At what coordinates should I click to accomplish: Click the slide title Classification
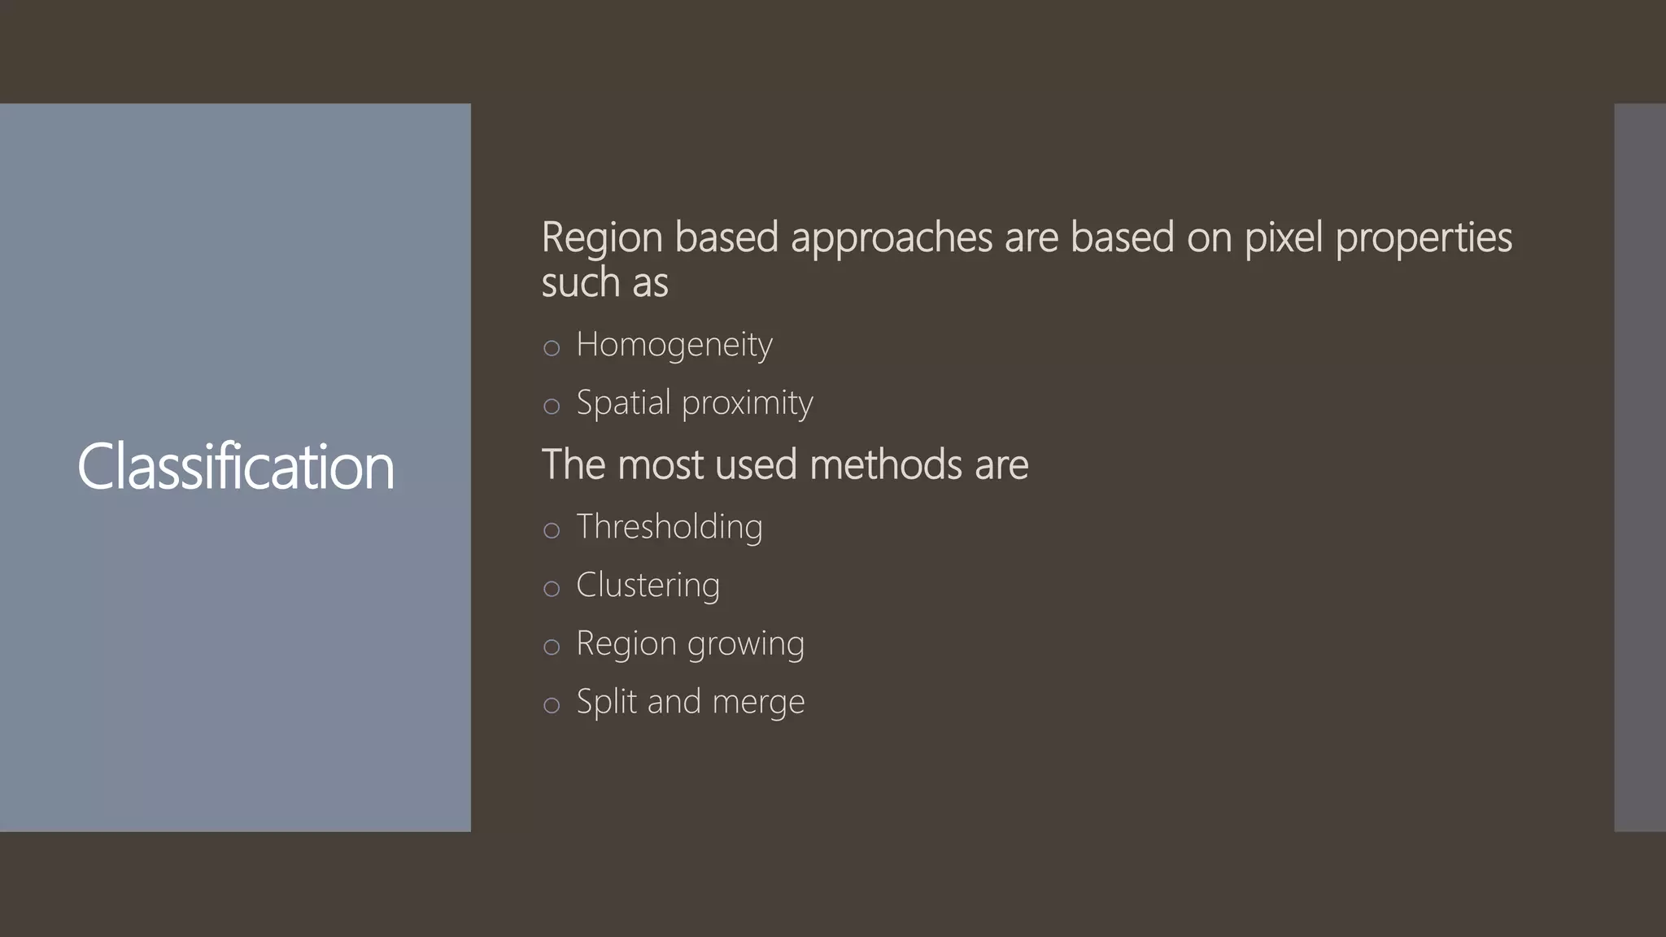click(235, 467)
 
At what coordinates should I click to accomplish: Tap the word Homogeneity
click(674, 345)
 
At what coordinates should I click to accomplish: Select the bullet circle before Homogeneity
click(552, 348)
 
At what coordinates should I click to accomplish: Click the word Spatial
click(623, 403)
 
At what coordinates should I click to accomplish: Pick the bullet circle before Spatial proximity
click(552, 406)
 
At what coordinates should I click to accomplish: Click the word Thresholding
click(669, 527)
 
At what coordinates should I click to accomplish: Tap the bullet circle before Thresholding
click(552, 530)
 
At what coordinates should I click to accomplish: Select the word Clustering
click(648, 586)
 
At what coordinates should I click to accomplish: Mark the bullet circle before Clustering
click(552, 589)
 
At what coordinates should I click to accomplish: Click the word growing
click(746, 645)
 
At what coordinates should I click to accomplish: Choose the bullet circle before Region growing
click(552, 647)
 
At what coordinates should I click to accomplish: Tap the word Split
click(606, 701)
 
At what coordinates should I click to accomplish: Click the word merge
click(758, 703)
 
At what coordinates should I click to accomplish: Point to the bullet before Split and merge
click(552, 705)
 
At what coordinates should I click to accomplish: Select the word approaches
click(892, 239)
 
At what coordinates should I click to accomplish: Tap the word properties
click(1424, 239)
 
